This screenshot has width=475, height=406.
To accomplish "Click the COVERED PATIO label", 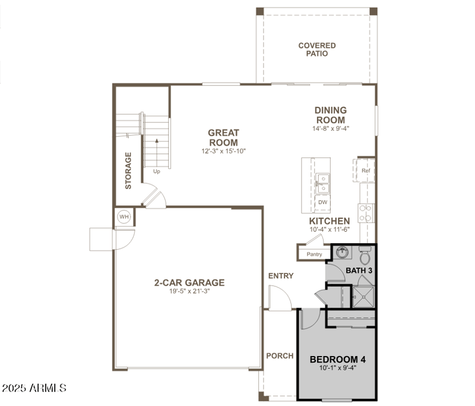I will pos(316,49).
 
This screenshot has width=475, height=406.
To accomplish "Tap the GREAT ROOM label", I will pos(223,137).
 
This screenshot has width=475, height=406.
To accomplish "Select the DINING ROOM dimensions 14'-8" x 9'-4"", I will pos(331,128).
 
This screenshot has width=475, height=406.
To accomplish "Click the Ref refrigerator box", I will pos(366,171).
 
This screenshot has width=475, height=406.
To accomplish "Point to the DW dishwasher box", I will pos(322,202).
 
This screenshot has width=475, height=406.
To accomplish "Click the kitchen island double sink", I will pos(322,183).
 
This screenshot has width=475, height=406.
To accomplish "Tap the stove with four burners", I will pos(366,212).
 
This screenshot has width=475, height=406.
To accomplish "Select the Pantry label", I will pos(314,254).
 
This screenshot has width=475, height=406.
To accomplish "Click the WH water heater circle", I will pos(124,216).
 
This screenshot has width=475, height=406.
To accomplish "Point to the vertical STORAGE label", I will pos(128,171).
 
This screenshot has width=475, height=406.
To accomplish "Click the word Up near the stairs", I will pos(157,172).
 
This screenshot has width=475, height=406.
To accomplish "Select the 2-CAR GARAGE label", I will pos(189,282).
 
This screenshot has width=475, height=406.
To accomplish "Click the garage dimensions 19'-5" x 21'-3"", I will pos(189,291).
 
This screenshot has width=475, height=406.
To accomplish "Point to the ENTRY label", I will pos(281,276).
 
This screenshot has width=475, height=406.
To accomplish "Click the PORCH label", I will pos(280,356).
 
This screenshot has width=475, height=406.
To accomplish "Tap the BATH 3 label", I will pos(359,271).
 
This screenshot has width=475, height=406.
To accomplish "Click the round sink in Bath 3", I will pos(341,253).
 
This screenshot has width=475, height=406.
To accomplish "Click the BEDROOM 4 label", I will pos(337,360).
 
